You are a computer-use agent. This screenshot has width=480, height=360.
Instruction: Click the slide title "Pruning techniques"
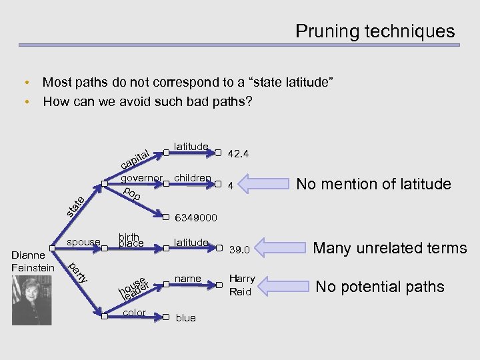pos(375,31)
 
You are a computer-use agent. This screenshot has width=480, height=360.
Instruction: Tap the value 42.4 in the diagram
pos(238,154)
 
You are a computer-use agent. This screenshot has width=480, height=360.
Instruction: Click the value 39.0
pos(239,249)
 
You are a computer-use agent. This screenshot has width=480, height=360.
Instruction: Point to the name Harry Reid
pos(241,285)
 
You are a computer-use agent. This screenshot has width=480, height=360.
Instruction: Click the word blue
pos(185,318)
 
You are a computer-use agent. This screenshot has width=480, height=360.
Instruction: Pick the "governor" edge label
pos(142,178)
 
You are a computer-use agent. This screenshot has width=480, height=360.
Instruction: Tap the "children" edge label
pos(192,178)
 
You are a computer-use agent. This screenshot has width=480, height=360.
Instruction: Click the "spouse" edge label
pos(83,241)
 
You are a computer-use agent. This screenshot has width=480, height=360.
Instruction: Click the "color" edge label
pos(135,312)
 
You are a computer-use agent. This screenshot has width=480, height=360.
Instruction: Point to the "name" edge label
pos(187,277)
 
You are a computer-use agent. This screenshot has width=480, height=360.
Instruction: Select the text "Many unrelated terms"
pos(389,248)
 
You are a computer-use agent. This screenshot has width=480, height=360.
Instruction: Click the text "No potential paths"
pos(380,287)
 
